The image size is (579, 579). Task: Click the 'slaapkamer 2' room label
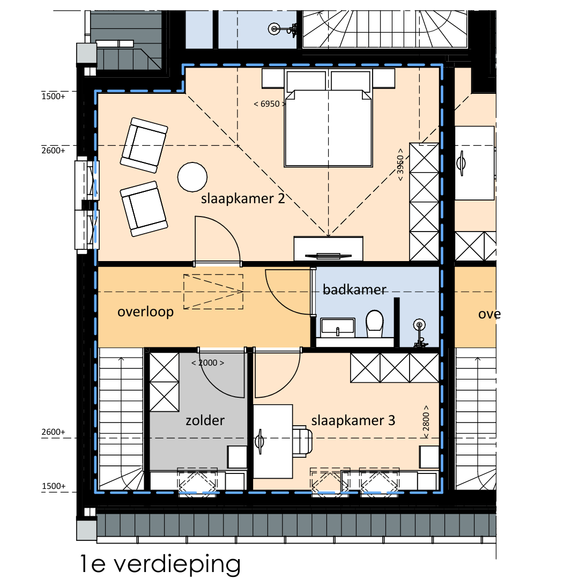243,199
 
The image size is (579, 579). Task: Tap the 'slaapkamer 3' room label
353,421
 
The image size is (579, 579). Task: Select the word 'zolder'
205,421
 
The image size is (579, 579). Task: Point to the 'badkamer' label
354,289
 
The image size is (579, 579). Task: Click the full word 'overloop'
145,312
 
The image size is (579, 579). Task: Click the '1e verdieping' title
160,564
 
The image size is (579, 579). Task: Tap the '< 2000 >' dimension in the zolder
207,363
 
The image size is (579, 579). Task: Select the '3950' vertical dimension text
400,165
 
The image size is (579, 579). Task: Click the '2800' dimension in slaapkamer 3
426,422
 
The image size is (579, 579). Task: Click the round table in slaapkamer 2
192,177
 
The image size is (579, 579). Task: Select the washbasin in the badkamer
338,328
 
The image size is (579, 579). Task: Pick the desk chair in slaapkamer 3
302,441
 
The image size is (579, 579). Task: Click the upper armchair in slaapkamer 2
144,145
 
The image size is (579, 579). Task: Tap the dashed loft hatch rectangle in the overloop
213,292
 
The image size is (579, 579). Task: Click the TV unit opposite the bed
328,249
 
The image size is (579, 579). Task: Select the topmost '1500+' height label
53,96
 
